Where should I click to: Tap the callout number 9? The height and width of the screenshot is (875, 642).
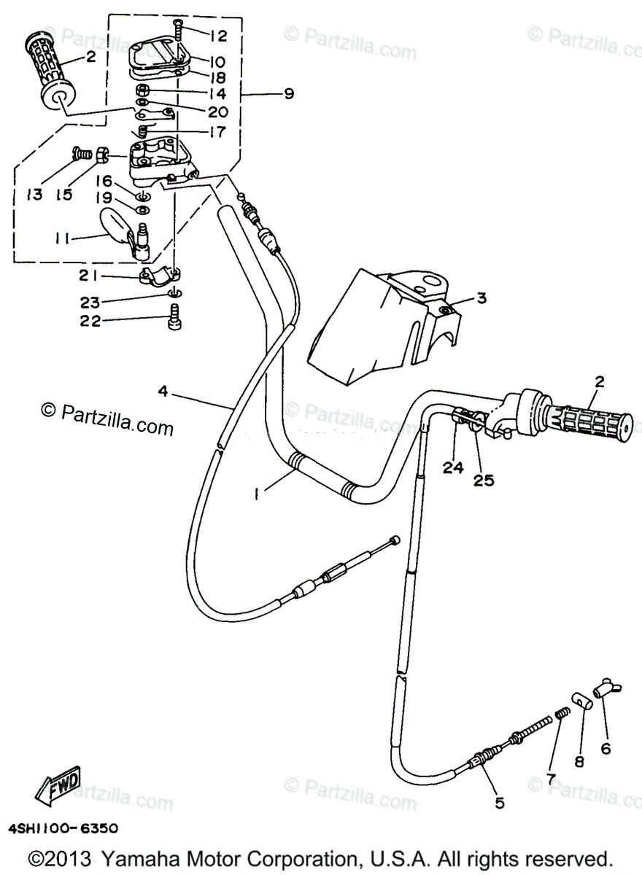(x=289, y=94)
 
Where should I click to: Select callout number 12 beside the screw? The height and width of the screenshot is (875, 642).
(x=218, y=35)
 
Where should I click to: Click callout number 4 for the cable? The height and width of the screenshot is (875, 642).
(x=162, y=392)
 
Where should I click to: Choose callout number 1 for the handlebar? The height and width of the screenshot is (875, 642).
(x=257, y=494)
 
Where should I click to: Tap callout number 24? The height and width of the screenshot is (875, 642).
(x=452, y=467)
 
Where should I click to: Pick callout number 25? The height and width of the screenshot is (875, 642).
(x=483, y=480)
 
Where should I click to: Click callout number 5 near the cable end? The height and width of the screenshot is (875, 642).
(x=499, y=803)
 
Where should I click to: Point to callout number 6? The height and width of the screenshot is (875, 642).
(x=606, y=747)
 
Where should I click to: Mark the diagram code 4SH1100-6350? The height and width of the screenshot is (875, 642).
(x=63, y=829)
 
